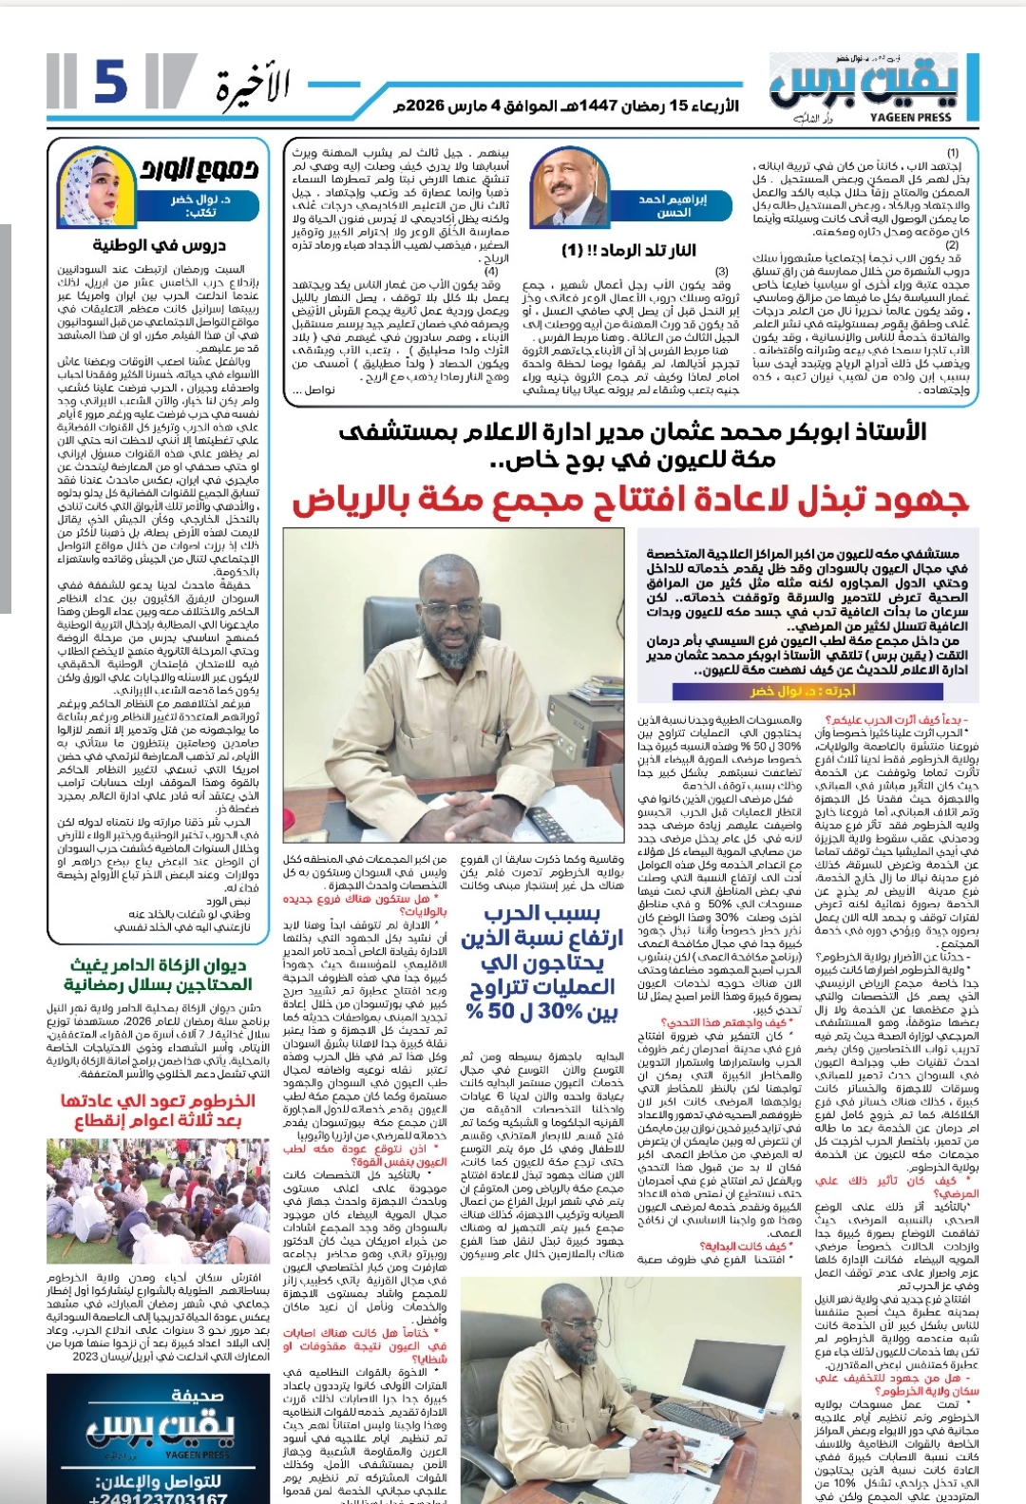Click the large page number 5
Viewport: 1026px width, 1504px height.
pos(110,83)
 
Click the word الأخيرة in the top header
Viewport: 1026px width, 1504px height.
pos(252,88)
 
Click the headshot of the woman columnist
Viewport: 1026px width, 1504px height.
pos(92,186)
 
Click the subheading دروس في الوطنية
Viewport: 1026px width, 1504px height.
pos(172,245)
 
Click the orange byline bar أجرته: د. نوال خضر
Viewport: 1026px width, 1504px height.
pos(803,691)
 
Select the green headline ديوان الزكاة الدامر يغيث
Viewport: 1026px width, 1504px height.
pos(158,975)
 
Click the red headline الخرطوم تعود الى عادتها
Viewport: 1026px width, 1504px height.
pos(158,1110)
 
